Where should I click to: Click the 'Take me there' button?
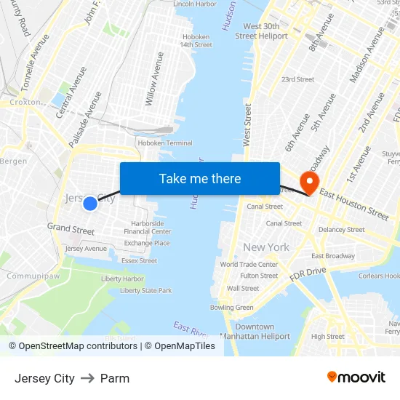(200, 179)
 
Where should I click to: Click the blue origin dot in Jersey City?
(90, 204)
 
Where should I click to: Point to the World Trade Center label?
(249, 265)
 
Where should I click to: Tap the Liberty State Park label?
(145, 290)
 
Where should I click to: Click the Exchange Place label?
(147, 243)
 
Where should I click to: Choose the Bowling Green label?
(232, 308)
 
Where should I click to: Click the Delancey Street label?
(341, 230)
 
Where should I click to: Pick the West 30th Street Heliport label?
(261, 31)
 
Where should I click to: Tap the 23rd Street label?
(297, 79)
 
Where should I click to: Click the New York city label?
(266, 247)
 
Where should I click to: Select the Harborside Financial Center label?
(148, 228)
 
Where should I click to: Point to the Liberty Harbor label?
(122, 279)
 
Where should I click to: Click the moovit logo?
(356, 377)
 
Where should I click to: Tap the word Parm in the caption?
(115, 378)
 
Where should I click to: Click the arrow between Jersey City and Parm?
(87, 378)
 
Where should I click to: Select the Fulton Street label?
(259, 276)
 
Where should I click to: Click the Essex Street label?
(139, 260)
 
